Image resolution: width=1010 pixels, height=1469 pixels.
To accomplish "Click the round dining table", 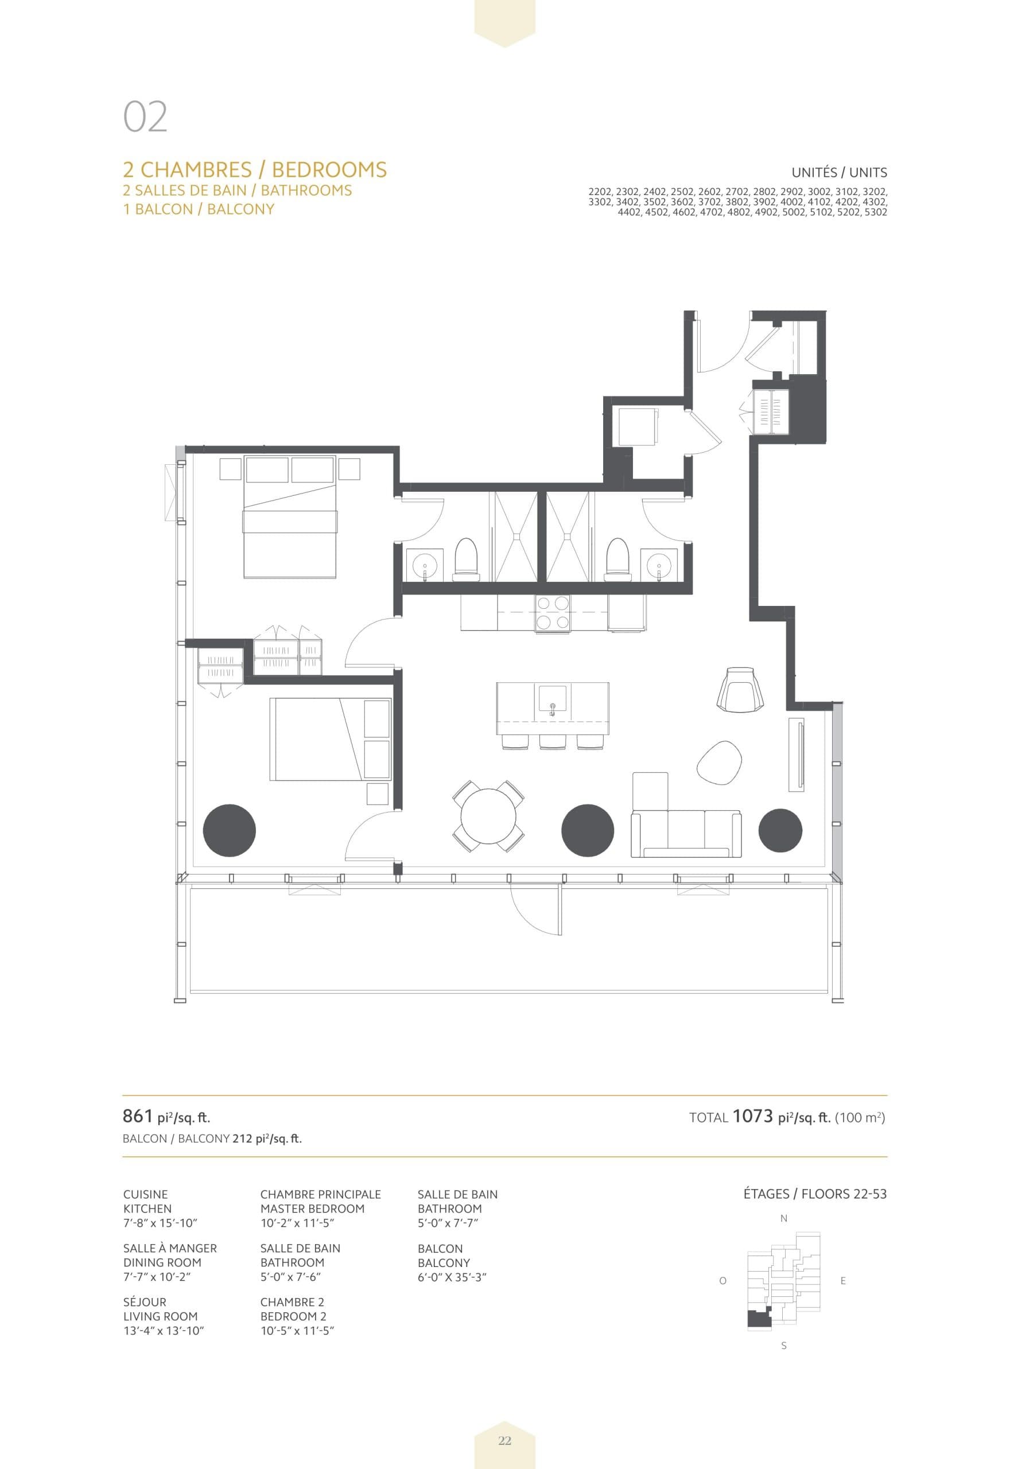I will pyautogui.click(x=488, y=816).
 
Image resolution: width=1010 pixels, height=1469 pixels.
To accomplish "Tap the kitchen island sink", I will pyautogui.click(x=553, y=700).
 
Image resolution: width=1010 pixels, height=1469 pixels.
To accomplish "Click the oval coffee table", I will pyautogui.click(x=719, y=763).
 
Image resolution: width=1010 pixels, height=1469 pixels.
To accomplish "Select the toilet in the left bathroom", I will pyautogui.click(x=467, y=559).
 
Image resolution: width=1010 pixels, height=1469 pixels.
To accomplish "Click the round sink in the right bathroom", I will pyautogui.click(x=659, y=562).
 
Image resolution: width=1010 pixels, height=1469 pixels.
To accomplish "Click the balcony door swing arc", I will pyautogui.click(x=531, y=912).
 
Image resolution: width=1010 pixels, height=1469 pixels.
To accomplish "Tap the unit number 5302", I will pyautogui.click(x=875, y=212).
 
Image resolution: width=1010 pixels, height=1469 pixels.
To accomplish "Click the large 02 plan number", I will pyautogui.click(x=145, y=117).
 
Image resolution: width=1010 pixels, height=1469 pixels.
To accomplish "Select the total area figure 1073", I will pyautogui.click(x=752, y=1117).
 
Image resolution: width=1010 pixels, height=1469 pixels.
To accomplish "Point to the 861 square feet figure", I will pyautogui.click(x=138, y=1117).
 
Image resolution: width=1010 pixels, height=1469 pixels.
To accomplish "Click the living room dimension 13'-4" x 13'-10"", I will pyautogui.click(x=164, y=1331).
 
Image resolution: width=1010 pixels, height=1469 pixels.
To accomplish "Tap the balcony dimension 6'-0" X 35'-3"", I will pyautogui.click(x=451, y=1277).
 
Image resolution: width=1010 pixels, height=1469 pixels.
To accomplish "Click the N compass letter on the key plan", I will pyautogui.click(x=783, y=1218).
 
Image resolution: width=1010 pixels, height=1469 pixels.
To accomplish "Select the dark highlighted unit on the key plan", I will pyautogui.click(x=757, y=1319).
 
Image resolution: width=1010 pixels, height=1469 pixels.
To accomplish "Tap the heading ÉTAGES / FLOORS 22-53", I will pyautogui.click(x=814, y=1195).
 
